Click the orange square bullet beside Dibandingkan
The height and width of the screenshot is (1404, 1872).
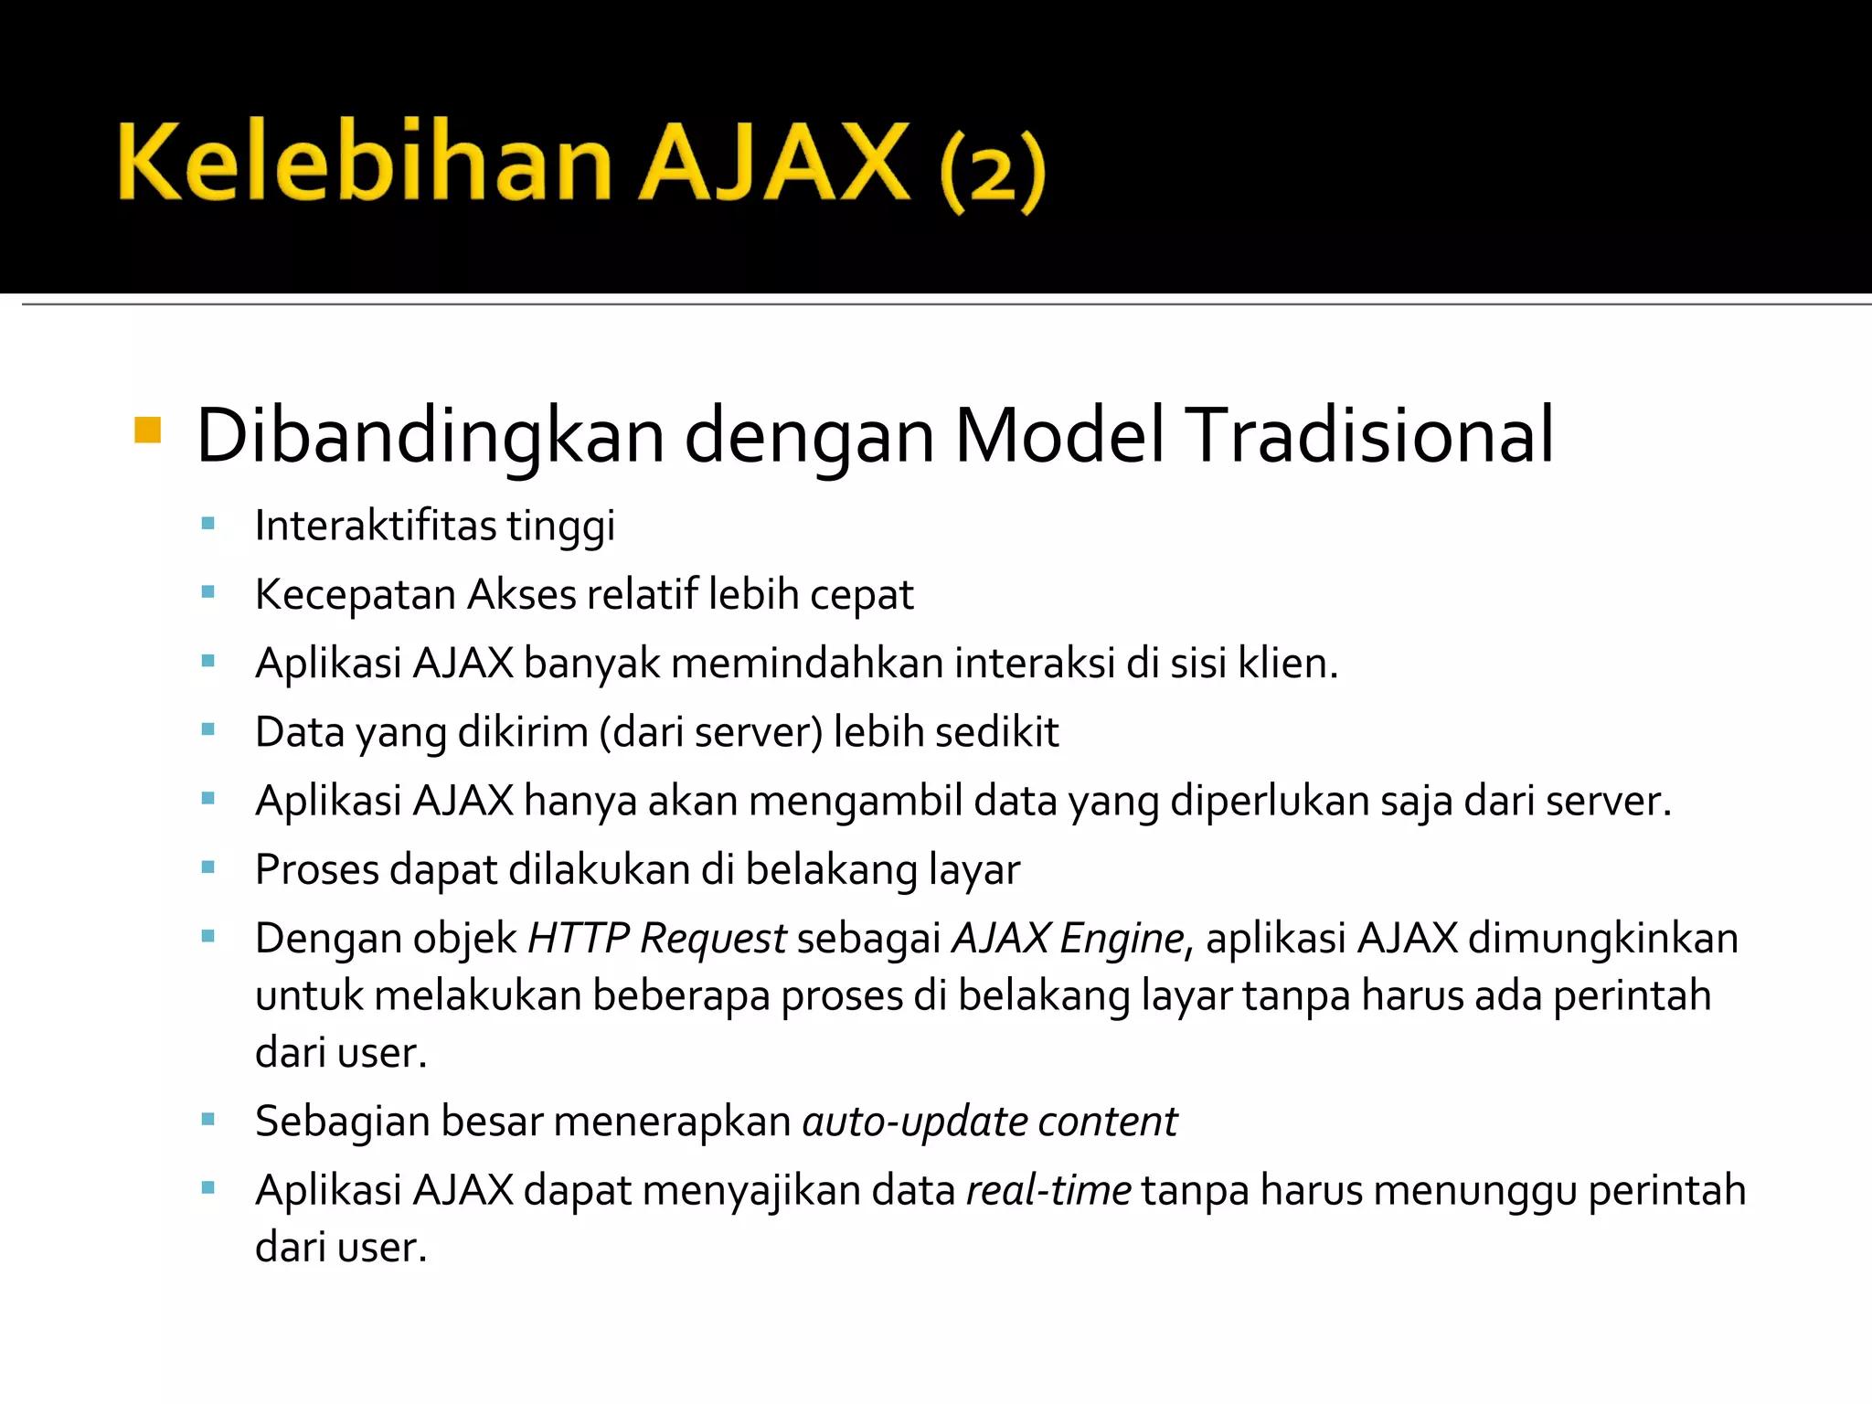point(147,430)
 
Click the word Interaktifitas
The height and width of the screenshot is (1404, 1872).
point(375,526)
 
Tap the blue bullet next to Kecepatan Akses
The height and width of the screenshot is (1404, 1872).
point(208,592)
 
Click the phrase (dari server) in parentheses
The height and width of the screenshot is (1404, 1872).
point(711,732)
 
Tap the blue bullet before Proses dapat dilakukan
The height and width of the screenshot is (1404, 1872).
point(208,867)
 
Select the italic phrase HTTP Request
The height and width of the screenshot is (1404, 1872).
point(656,939)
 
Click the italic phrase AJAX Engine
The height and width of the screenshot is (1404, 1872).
point(1068,939)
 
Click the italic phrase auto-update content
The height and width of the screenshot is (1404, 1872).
point(989,1122)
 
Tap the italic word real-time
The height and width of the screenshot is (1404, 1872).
point(1048,1190)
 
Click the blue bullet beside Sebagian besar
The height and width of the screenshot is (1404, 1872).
point(208,1119)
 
